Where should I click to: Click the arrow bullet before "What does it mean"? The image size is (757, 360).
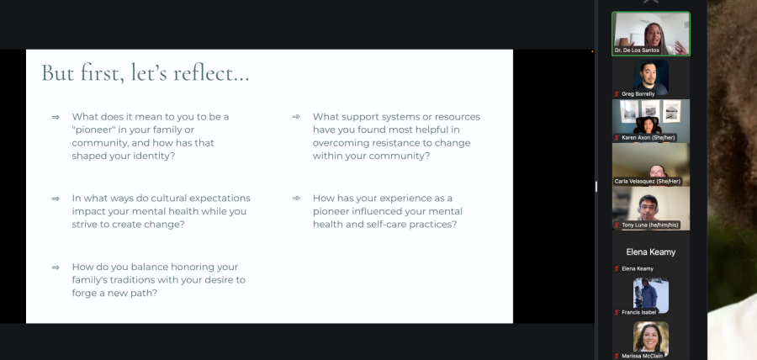tap(56, 117)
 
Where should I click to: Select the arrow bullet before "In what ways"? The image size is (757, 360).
tap(56, 199)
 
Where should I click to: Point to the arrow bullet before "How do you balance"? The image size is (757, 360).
tap(56, 267)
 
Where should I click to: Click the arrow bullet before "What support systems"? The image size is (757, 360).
tap(296, 116)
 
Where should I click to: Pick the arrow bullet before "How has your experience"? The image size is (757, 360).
tap(296, 198)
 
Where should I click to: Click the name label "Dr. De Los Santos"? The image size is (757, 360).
tap(637, 50)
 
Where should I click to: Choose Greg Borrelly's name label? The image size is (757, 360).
tap(638, 94)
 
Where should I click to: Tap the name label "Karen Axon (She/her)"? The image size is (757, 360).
tap(648, 138)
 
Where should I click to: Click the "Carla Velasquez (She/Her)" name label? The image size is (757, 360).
tap(648, 182)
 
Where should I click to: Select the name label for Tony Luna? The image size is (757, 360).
tap(650, 225)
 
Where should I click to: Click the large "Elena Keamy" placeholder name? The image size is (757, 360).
tap(651, 251)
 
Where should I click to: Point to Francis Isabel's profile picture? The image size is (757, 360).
tap(651, 296)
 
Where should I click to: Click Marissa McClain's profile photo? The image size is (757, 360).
tap(651, 338)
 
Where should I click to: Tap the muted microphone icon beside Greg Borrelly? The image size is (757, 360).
tap(617, 94)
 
